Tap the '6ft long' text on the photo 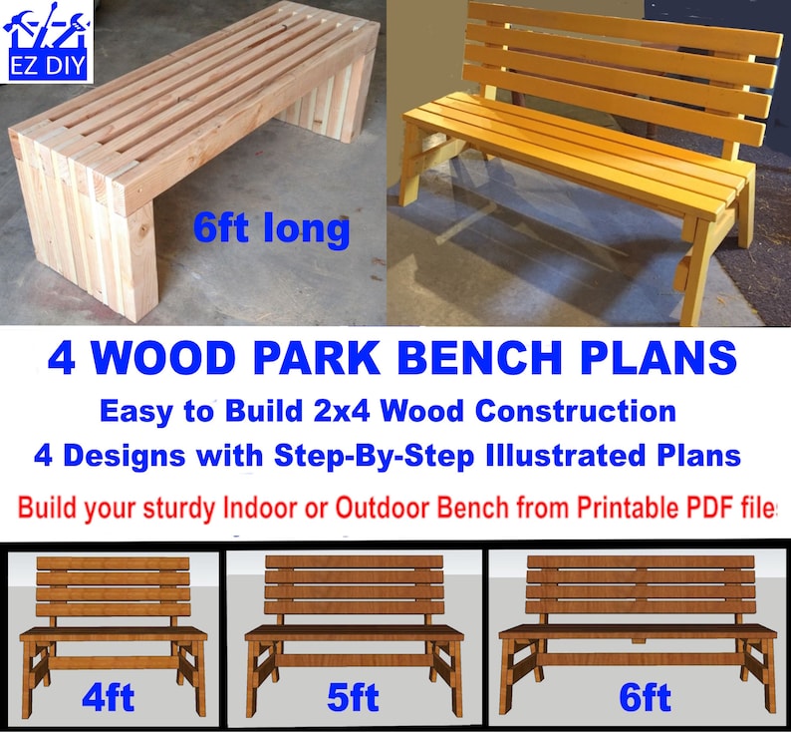click(x=271, y=228)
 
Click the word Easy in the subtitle click(x=130, y=411)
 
